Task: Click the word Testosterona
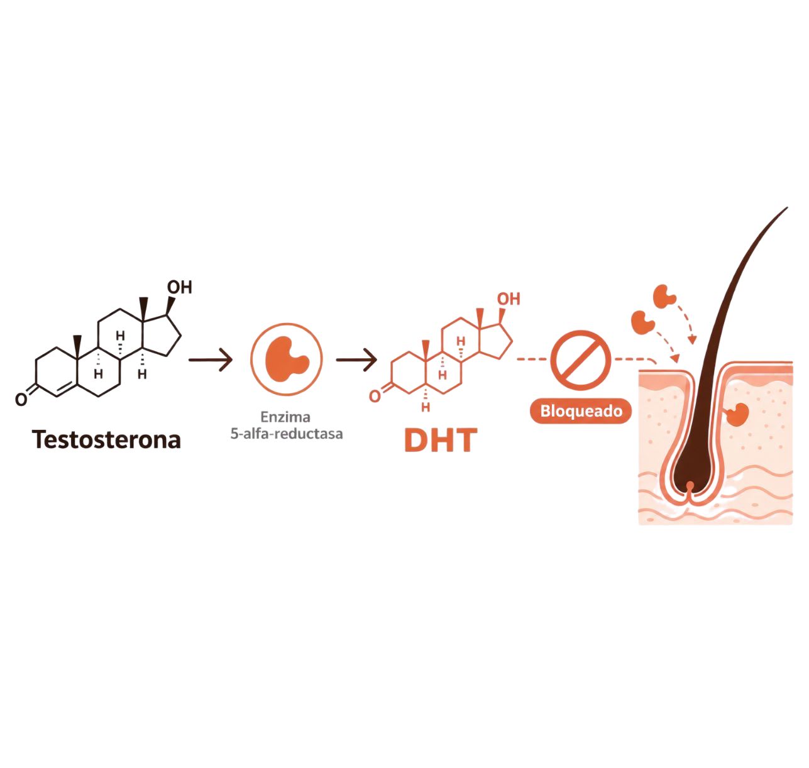click(106, 439)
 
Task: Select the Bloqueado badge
click(581, 411)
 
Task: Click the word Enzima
click(285, 417)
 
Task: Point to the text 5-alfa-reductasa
click(287, 434)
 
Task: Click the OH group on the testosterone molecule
click(179, 287)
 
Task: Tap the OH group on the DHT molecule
click(509, 299)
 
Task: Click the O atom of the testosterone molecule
click(21, 399)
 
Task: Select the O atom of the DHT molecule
click(375, 397)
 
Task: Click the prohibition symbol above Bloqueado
click(581, 360)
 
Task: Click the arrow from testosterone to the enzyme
click(211, 359)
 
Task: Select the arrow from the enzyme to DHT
click(357, 359)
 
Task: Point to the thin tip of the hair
click(786, 208)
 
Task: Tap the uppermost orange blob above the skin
click(664, 296)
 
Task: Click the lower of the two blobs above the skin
click(642, 322)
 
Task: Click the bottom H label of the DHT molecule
click(426, 407)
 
